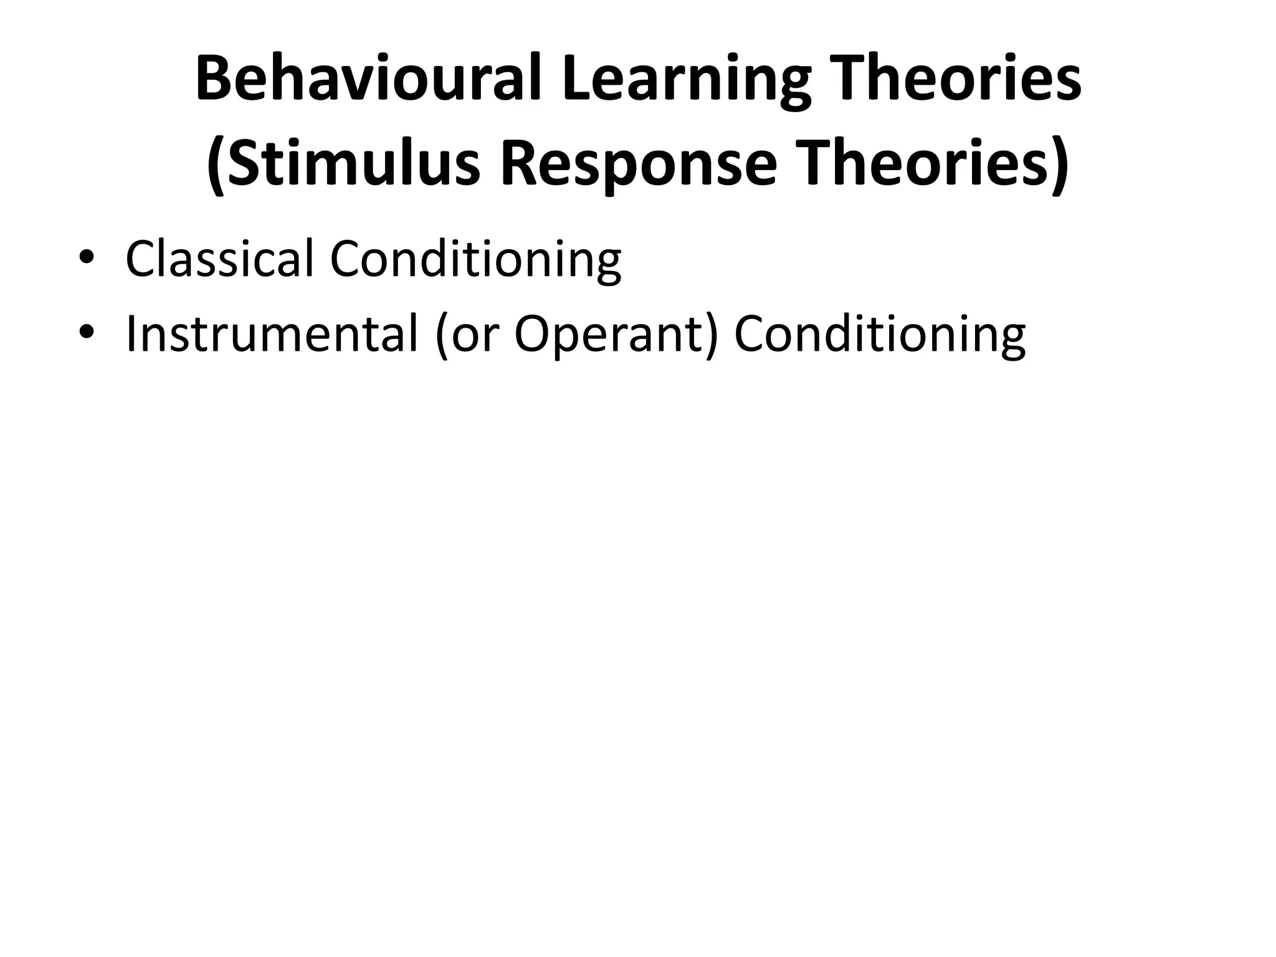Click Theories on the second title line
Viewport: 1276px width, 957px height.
(x=921, y=164)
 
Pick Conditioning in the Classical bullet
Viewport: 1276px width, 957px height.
(x=475, y=259)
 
